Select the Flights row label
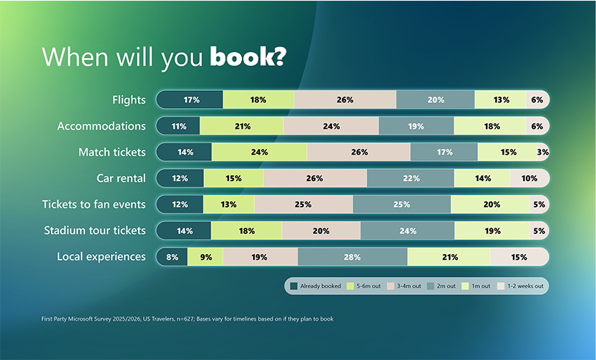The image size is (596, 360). (129, 100)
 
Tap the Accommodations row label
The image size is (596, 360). (102, 126)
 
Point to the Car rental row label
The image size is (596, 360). (121, 178)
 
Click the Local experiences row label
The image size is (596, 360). (102, 256)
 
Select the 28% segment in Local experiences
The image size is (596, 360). (352, 257)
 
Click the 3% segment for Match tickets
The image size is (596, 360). (542, 152)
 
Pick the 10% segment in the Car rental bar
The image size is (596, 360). (529, 178)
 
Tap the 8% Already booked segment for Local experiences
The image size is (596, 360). (172, 257)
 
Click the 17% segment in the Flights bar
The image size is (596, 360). (191, 100)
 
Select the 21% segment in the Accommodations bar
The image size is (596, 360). (242, 127)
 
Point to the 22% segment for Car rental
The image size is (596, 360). (410, 178)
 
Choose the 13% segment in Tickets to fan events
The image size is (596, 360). (229, 205)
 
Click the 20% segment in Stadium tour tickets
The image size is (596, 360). (321, 230)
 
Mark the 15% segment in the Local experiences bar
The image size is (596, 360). (519, 257)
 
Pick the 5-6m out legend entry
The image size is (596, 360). (366, 286)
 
